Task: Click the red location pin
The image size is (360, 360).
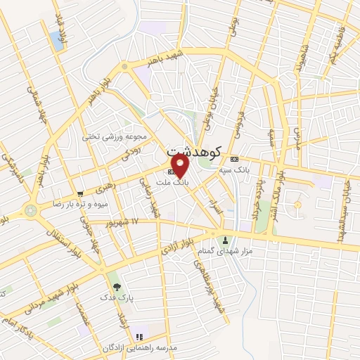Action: pyautogui.click(x=181, y=165)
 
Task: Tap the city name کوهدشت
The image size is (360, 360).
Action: pyautogui.click(x=194, y=150)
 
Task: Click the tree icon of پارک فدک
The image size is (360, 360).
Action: pyautogui.click(x=116, y=286)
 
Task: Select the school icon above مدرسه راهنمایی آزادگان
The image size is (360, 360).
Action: pyautogui.click(x=138, y=337)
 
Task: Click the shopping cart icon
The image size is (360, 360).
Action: pyautogui.click(x=80, y=193)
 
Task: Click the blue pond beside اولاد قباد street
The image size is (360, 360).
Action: pyautogui.click(x=56, y=39)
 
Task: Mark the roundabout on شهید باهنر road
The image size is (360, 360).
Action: pyautogui.click(x=124, y=67)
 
